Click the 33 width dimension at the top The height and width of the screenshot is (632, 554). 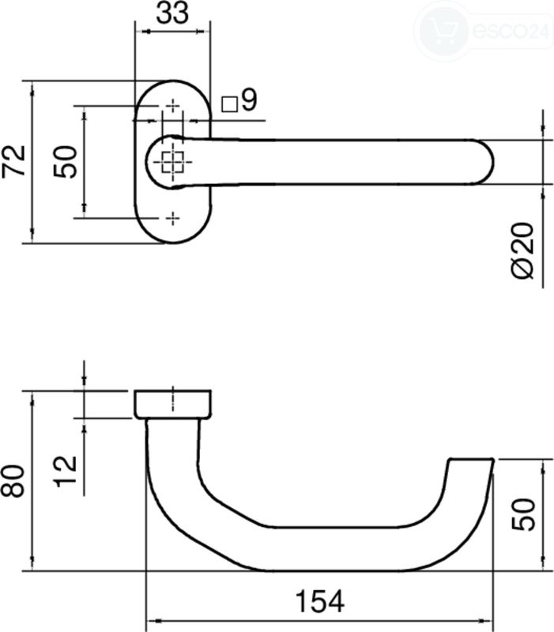172,13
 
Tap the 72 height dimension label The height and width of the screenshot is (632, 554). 13,161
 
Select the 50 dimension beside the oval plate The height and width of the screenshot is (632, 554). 65,162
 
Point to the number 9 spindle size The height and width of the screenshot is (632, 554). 249,100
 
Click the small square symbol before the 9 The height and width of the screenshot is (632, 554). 230,104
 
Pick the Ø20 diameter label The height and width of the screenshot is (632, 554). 522,250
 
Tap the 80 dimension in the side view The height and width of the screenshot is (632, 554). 13,481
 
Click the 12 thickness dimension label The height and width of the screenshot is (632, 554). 66,472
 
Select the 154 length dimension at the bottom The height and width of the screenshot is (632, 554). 320,601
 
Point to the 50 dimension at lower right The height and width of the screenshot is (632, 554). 523,515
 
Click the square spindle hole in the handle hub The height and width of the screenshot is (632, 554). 173,161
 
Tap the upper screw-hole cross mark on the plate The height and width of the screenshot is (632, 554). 173,106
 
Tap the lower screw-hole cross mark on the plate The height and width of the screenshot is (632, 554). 173,218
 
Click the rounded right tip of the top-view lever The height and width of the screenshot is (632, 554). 487,162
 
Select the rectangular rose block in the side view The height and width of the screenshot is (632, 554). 172,404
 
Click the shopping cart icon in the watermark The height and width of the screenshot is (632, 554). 443,30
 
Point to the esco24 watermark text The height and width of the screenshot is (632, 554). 511,31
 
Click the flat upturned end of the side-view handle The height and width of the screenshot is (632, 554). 471,459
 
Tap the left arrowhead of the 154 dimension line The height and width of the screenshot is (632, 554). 154,621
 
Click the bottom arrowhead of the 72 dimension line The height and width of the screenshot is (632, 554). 32,235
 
